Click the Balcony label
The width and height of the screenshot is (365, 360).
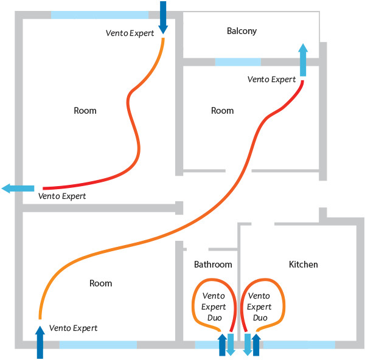coord(242,31)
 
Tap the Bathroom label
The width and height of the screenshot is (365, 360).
coord(213,265)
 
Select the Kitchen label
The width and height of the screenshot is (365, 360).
coord(303,265)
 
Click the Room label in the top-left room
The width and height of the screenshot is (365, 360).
coord(85,111)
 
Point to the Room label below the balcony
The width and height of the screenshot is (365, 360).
coord(222,111)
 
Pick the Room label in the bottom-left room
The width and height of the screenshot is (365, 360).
coord(100,283)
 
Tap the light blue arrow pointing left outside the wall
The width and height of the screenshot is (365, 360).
coord(18,189)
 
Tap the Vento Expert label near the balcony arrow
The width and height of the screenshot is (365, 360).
coord(272,80)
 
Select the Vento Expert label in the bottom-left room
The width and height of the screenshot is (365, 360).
coord(73,328)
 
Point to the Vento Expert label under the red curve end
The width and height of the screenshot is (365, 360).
coord(62,196)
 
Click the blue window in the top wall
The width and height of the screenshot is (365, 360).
coord(99,15)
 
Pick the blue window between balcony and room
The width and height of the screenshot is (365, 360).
coord(238,62)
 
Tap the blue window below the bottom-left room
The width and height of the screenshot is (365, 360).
coord(98,345)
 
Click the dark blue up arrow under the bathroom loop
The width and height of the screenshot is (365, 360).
coord(222,345)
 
